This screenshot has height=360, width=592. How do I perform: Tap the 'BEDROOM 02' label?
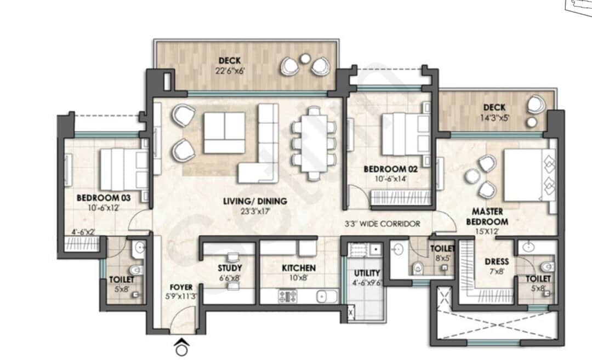point(391,170)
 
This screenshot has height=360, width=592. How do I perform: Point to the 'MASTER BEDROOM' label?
point(487,216)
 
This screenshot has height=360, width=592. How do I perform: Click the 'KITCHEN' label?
point(299,268)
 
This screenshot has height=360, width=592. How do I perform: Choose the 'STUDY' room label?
point(230,268)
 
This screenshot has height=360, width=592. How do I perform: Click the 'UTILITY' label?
point(367,273)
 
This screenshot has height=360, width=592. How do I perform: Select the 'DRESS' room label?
point(497,262)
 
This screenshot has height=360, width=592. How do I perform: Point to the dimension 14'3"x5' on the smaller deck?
point(494,117)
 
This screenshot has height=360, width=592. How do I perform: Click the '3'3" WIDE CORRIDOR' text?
point(382,224)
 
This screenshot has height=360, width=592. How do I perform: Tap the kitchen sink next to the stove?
point(322,296)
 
